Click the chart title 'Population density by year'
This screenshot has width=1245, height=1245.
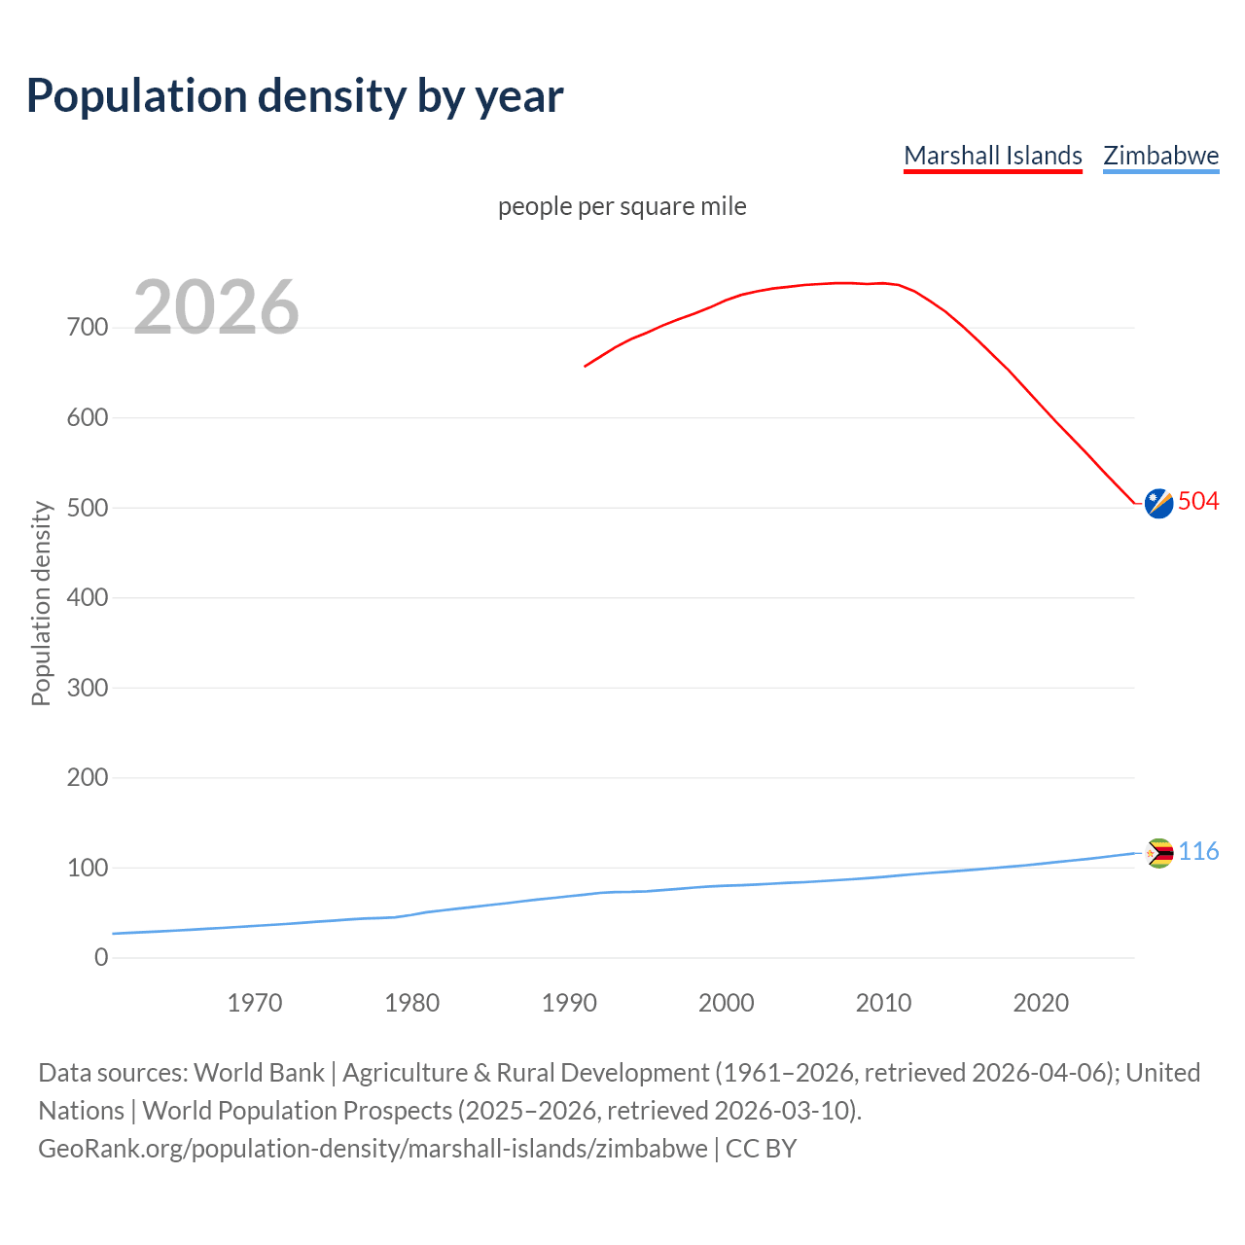point(295,96)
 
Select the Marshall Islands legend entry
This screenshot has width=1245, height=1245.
point(992,156)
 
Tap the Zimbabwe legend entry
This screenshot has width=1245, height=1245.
point(1160,156)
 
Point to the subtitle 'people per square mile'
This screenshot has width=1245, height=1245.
point(622,206)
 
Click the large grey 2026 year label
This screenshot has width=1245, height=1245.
point(216,307)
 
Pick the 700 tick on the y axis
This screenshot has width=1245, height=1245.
point(88,328)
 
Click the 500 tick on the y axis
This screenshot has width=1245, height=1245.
point(88,508)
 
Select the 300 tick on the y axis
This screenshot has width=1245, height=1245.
point(88,688)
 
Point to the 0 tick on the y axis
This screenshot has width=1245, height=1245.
point(101,957)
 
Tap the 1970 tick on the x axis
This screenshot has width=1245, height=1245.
point(255,1003)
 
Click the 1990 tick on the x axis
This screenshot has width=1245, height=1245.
point(569,1003)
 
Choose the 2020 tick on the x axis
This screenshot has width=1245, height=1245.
point(1041,1003)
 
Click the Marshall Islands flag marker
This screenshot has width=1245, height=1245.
point(1158,503)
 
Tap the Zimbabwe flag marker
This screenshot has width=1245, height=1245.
point(1158,853)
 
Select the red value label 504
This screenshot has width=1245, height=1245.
point(1198,501)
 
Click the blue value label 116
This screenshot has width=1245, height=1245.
point(1198,852)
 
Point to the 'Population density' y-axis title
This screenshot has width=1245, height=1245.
point(41,603)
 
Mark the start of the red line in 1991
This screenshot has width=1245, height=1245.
point(586,366)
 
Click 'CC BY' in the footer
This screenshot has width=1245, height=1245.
point(761,1149)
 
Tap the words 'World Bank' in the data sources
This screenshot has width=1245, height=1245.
point(259,1073)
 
